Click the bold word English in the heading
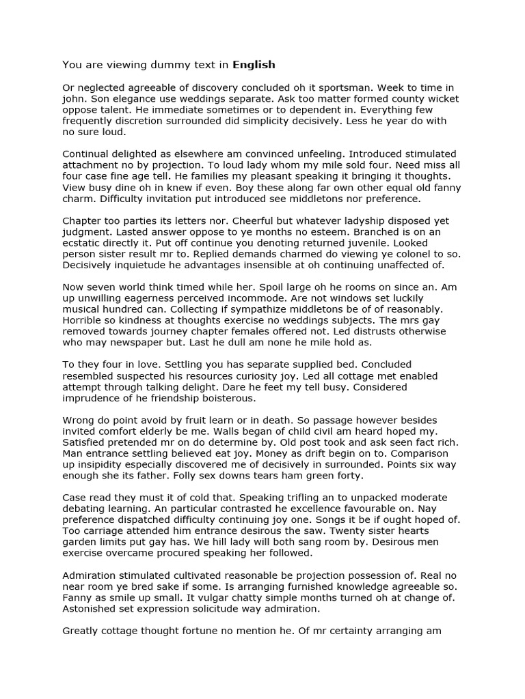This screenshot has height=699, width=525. tap(254, 66)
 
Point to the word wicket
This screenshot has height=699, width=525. tap(440, 99)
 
